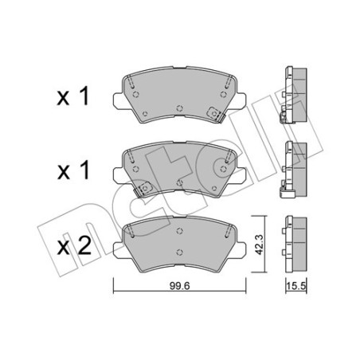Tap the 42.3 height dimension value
[258, 242]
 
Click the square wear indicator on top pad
[214, 113]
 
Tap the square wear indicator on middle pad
[145, 189]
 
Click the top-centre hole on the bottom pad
[179, 225]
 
